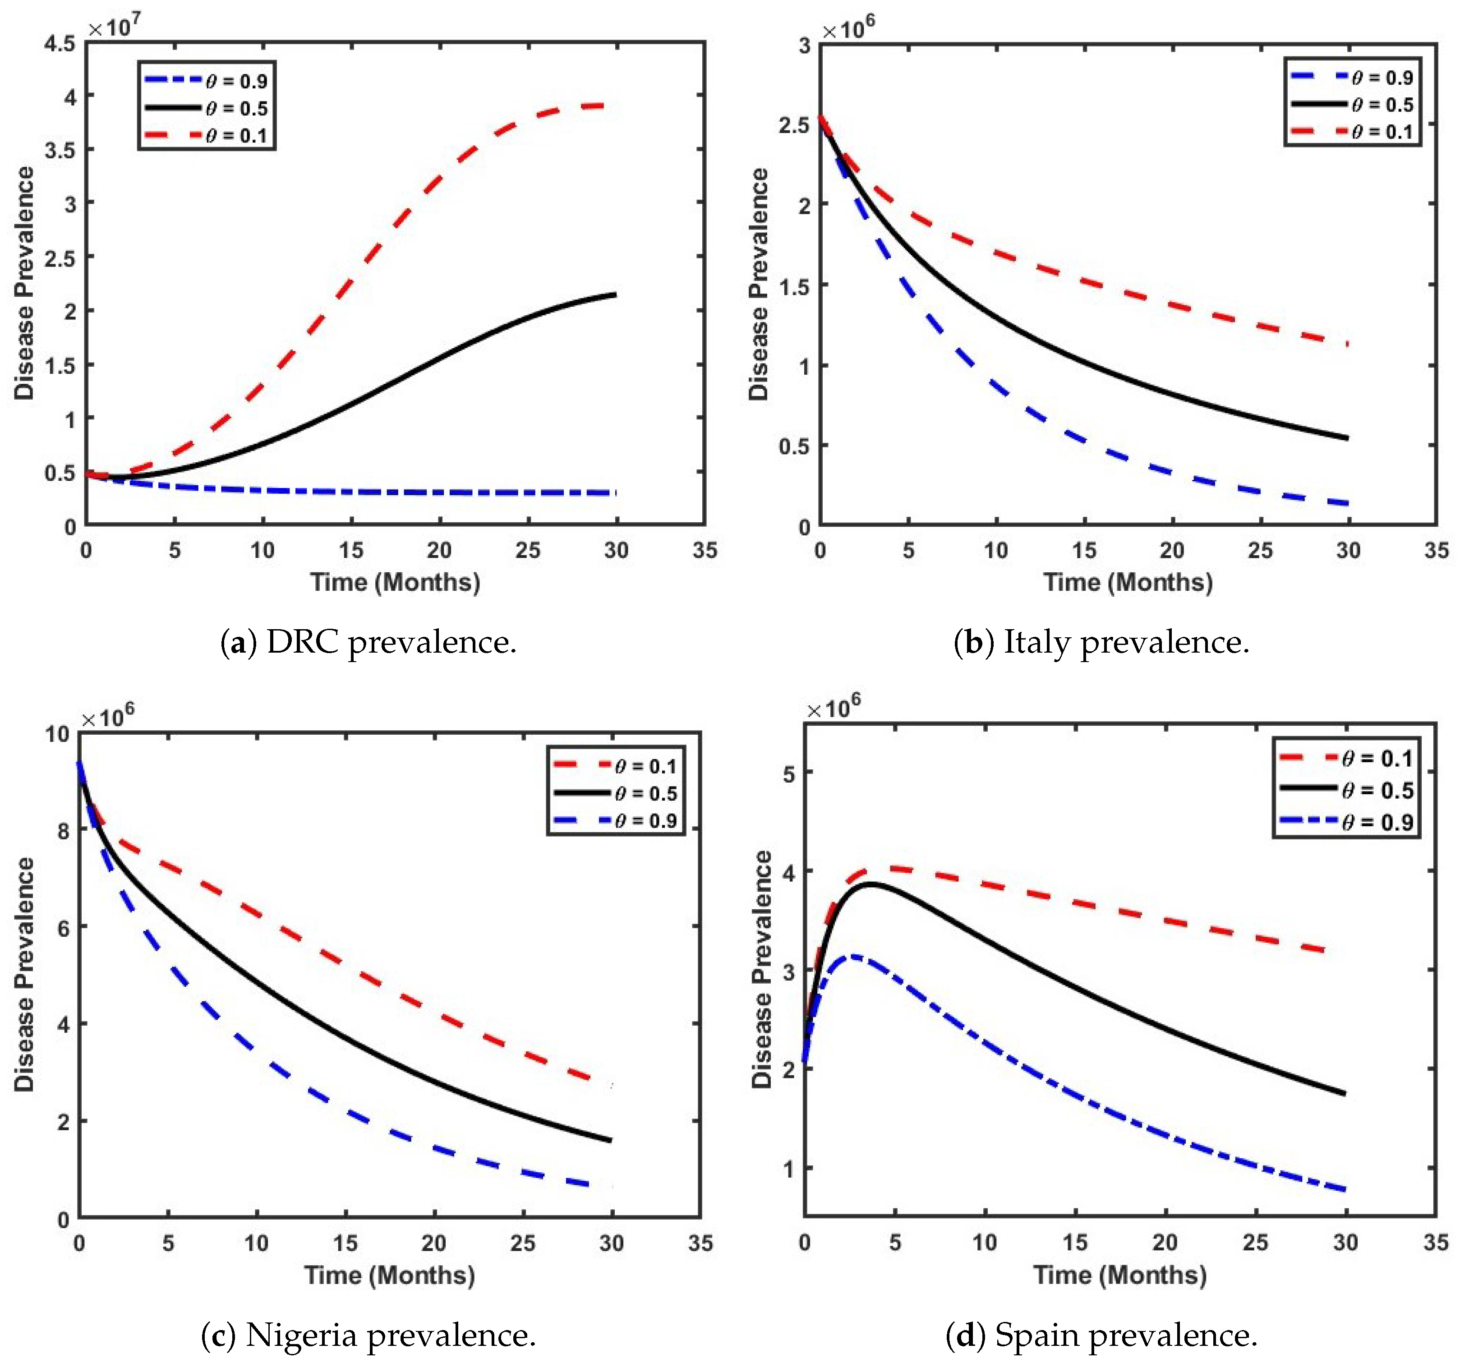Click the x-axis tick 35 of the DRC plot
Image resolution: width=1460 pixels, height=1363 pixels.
[705, 550]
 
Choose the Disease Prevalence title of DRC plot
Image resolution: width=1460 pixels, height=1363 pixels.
[25, 283]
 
